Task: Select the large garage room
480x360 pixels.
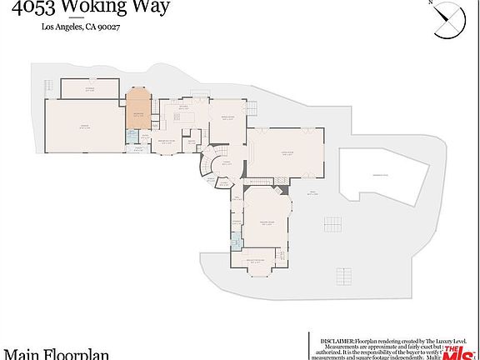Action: coord(84,127)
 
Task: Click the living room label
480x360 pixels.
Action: coord(287,142)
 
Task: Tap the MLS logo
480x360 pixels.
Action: coord(455,349)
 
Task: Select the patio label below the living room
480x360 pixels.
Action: coord(314,193)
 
